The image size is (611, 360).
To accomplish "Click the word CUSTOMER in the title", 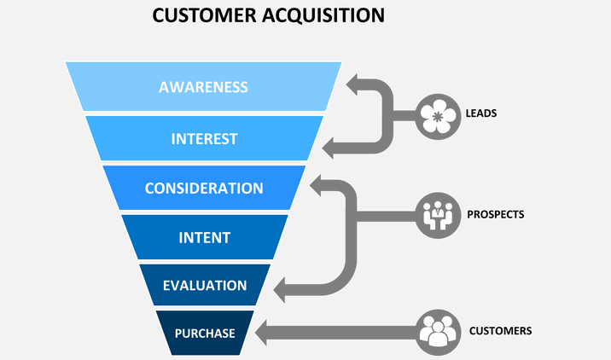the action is coord(204,15).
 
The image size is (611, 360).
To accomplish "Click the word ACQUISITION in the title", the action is coord(323,15).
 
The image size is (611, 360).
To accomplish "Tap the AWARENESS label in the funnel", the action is coord(203,87).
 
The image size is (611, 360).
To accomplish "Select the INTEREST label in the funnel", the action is coord(204,139).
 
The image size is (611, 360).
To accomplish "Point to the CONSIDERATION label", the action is coord(204,189).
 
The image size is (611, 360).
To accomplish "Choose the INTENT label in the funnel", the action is coord(204,238).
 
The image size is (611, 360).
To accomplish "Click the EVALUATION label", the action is coord(205,286).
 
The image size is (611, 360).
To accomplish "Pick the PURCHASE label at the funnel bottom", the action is coord(205,334).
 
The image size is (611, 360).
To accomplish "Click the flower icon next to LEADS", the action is coord(438,117).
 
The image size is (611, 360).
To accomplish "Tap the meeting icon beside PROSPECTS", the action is coord(438,215).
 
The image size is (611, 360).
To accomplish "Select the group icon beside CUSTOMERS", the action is coord(438,333).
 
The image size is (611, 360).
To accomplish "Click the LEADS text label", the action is coord(481,113).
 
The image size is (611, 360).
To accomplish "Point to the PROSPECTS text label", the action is coord(496,214).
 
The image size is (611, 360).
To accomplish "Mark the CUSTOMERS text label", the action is coord(500,331).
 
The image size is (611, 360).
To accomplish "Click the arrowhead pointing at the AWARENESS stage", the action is coord(352,84).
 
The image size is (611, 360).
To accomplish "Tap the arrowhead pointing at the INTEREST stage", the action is coord(328,148).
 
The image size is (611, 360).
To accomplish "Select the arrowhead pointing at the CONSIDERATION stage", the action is coord(316,185).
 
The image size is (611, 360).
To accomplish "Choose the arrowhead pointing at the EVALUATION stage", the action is coord(279,290).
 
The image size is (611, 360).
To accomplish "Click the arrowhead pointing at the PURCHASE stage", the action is coord(261,333).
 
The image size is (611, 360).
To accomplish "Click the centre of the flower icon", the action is coord(438,117).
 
